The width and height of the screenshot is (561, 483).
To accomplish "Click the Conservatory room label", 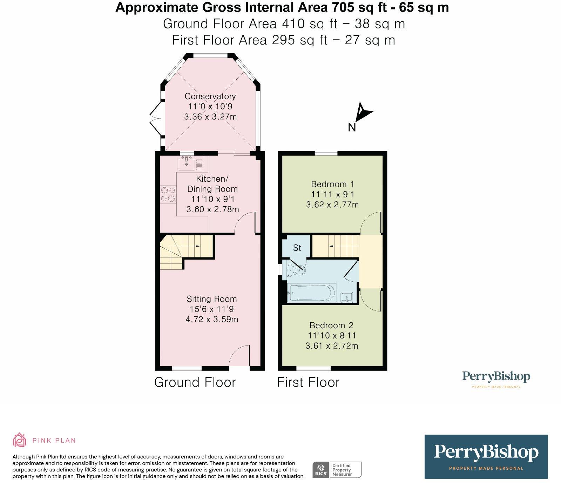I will [210, 96].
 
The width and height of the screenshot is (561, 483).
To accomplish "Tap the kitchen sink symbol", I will [187, 163].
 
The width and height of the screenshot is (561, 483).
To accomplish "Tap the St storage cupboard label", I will [297, 248].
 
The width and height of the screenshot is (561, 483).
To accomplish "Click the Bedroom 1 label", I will [332, 184].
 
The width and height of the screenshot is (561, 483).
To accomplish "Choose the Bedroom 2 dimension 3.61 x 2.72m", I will [332, 346].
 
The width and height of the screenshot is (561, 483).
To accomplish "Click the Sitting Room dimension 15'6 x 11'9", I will [211, 309].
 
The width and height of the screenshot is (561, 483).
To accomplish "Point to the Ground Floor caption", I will [195, 382].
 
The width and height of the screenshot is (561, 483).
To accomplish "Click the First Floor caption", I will [308, 382].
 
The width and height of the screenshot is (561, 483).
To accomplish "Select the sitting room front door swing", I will [240, 355].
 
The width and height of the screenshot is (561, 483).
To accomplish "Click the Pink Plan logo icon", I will [19, 440].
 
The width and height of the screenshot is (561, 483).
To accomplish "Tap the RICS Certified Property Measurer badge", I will [337, 470].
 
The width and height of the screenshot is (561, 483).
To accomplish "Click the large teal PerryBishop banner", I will [486, 457].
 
